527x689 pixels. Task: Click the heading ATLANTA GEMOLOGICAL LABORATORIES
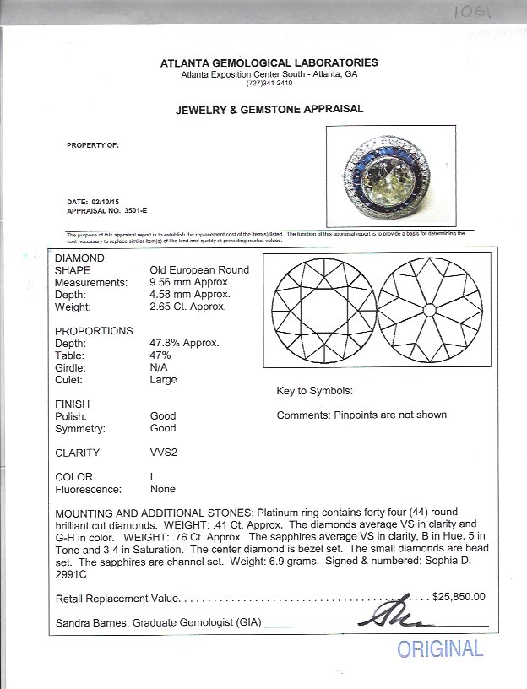pos(269,63)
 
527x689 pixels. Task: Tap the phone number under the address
pos(269,84)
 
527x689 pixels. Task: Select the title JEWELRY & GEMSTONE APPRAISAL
pos(269,109)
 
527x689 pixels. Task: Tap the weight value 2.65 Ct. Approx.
pos(187,307)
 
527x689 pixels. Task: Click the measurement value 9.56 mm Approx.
pos(187,282)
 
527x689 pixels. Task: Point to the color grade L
pos(153,477)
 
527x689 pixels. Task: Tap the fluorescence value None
pos(162,489)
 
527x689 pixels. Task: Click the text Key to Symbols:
pos(314,392)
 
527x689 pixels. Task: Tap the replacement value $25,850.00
pos(459,597)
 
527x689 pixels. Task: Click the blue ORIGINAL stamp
pos(440,649)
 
